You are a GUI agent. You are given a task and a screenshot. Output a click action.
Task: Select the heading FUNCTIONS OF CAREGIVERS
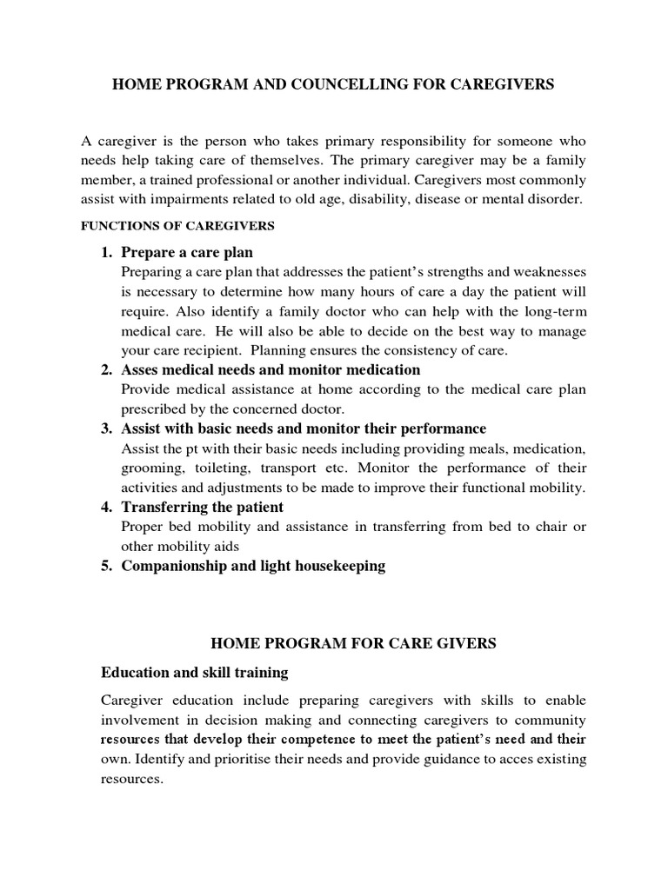click(177, 226)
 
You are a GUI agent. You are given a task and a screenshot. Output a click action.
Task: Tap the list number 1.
click(106, 253)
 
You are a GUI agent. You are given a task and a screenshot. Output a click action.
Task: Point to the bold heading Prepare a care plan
click(187, 253)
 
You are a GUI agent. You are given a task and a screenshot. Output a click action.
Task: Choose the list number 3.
click(106, 428)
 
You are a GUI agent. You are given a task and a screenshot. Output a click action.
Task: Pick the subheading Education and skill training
click(194, 673)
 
